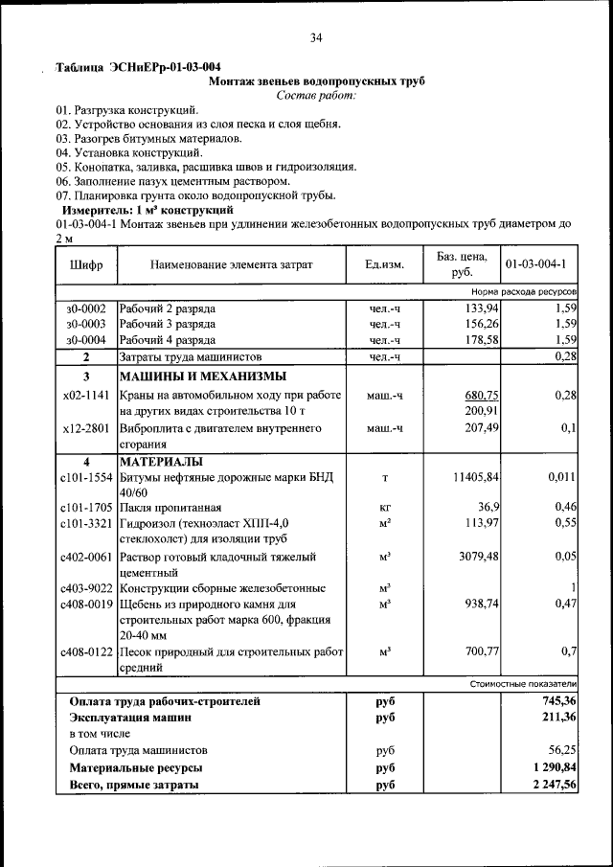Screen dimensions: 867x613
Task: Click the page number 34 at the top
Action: (316, 38)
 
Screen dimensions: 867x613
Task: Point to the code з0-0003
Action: (86, 324)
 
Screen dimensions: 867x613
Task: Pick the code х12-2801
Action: (86, 428)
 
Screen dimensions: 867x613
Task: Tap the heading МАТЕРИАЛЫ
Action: (159, 461)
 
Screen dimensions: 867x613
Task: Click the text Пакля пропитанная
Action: (170, 507)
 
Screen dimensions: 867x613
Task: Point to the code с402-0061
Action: (86, 557)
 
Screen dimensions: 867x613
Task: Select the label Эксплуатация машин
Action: (129, 718)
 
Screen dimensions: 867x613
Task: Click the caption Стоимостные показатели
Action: (523, 684)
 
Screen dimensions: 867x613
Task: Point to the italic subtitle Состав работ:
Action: (316, 95)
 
